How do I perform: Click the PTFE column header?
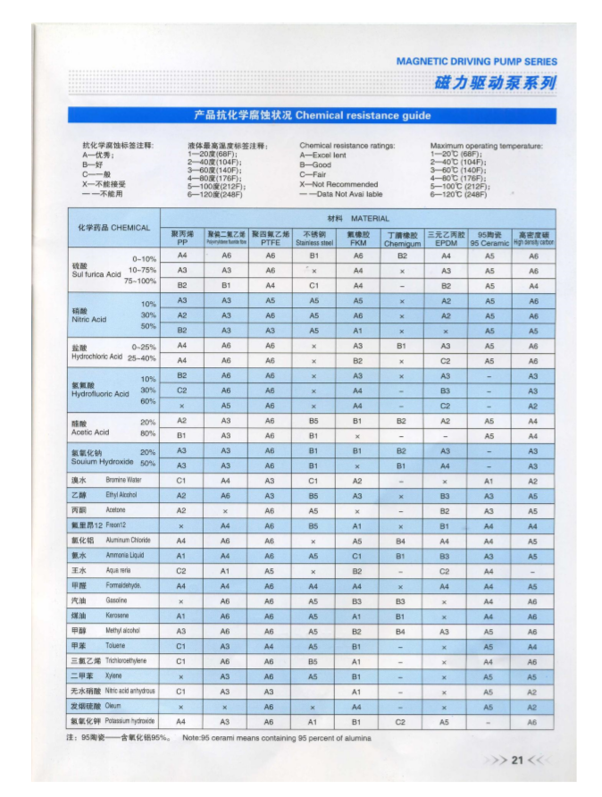pyautogui.click(x=270, y=238)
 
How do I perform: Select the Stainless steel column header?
pyautogui.click(x=314, y=238)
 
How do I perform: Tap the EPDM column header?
pyautogui.click(x=446, y=238)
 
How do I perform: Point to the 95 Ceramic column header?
pyautogui.click(x=489, y=238)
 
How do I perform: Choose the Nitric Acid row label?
pyautogui.click(x=89, y=315)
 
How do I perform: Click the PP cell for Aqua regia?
pyautogui.click(x=181, y=570)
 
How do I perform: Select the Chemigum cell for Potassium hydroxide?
pyautogui.click(x=401, y=720)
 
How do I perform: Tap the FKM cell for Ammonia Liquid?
pyautogui.click(x=357, y=555)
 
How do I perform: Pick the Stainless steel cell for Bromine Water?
pyautogui.click(x=314, y=480)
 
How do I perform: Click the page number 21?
pyautogui.click(x=516, y=760)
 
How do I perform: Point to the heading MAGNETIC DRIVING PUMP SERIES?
pyautogui.click(x=476, y=62)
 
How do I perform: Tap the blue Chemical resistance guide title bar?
pyautogui.click(x=312, y=116)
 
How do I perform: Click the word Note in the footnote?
pyautogui.click(x=191, y=738)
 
